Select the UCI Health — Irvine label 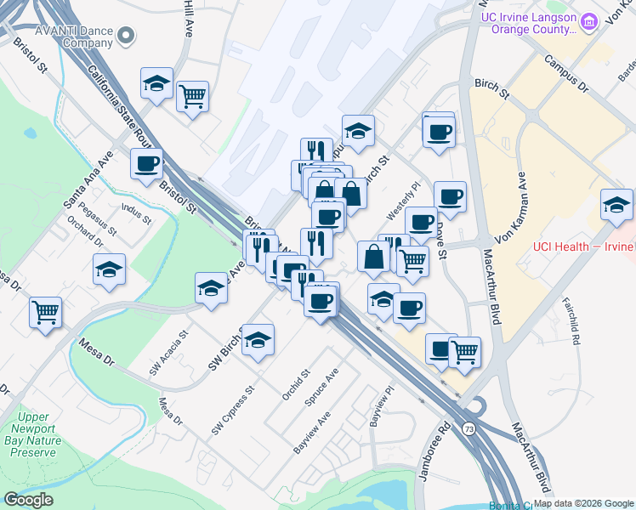(x=583, y=246)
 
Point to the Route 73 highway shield (x=469, y=429)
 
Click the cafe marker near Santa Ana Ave (x=146, y=162)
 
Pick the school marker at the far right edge (x=616, y=203)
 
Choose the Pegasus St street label (x=97, y=219)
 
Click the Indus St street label (x=135, y=213)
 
